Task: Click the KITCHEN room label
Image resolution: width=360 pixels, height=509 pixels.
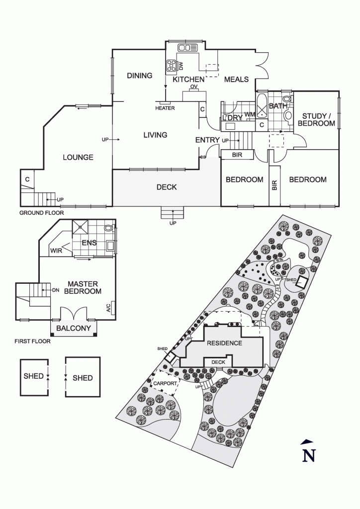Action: pos(188,80)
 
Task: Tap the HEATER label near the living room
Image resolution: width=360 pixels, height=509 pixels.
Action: pos(165,108)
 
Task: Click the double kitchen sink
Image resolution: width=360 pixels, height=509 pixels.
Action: pos(187,48)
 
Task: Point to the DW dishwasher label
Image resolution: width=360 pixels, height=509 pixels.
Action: pos(181,66)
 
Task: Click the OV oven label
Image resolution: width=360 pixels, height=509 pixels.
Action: pos(194,86)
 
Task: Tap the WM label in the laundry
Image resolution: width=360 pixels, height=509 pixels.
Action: pos(249,114)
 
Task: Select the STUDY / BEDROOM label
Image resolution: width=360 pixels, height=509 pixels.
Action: pos(317,120)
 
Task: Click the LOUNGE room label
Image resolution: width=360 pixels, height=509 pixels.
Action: pos(78,158)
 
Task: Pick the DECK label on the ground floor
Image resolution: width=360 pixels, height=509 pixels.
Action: pos(167,187)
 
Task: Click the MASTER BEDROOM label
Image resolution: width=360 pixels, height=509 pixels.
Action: pos(83,288)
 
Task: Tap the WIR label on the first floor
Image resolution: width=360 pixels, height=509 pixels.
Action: pos(56,251)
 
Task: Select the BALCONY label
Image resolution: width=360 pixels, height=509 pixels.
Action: pos(74,328)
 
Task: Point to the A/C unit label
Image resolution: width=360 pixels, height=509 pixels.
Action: pos(108,307)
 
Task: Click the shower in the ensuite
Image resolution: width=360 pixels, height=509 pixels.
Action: pos(80,227)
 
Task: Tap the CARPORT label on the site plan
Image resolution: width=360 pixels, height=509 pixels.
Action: pos(165,383)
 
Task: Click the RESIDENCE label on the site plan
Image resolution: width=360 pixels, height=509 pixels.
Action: pos(225,343)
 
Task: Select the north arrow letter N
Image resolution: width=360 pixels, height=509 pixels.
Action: pos(309,455)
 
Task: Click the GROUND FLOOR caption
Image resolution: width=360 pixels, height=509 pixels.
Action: pos(42,213)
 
